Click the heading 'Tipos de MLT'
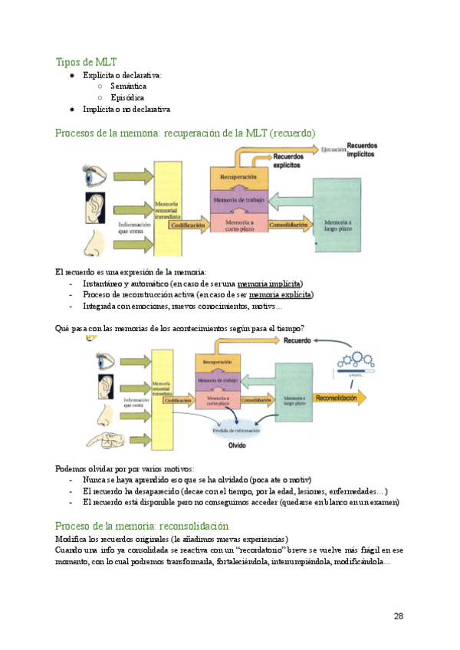coord(86,62)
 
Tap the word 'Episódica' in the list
coord(127,98)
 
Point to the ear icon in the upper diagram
coord(96,208)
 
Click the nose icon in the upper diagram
coord(95,242)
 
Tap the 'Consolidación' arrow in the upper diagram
coord(288,225)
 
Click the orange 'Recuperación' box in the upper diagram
coord(238,177)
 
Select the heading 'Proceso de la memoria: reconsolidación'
coord(142,527)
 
